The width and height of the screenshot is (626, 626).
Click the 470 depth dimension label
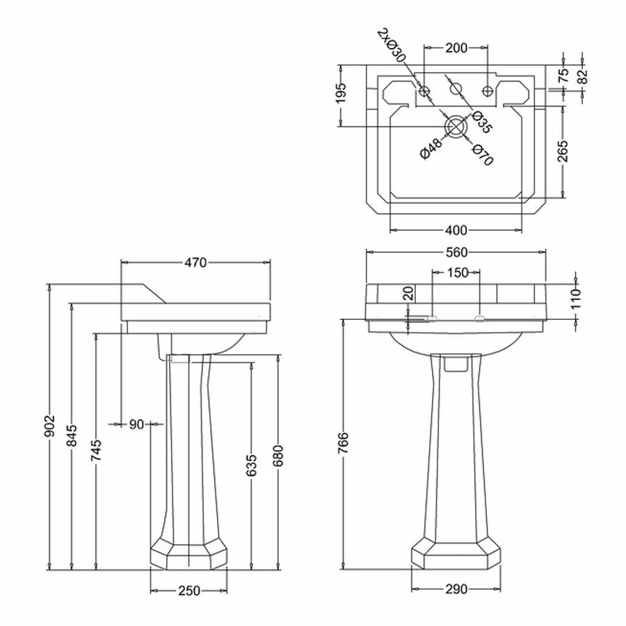tap(195, 262)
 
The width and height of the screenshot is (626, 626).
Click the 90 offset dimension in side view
tap(136, 423)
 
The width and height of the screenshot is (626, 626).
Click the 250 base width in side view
tap(189, 591)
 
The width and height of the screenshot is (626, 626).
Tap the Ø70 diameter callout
tap(481, 154)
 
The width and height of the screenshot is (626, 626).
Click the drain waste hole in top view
tap(456, 126)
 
